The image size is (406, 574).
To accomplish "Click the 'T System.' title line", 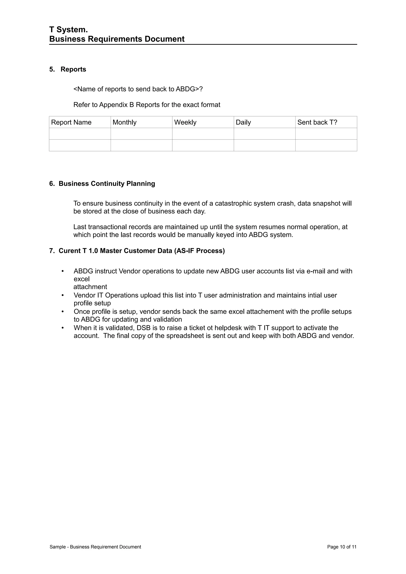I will [x=69, y=30].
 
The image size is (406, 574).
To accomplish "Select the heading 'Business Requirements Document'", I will [x=117, y=39].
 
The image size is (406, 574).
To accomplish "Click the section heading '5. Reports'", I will [x=68, y=69].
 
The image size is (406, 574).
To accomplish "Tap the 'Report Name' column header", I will [x=71, y=122].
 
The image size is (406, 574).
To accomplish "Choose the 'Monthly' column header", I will [x=124, y=122].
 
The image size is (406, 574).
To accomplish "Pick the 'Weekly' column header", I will [x=185, y=122].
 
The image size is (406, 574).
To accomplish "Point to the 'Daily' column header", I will [x=243, y=122].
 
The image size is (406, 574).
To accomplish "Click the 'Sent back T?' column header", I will [x=317, y=122].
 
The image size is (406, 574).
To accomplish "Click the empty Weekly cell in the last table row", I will [x=203, y=145].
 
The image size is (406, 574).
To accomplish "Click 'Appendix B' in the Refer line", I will [x=117, y=105].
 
